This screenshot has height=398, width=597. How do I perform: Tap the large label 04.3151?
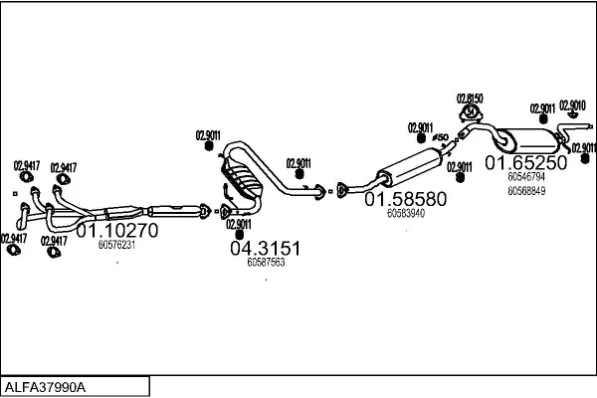click(265, 247)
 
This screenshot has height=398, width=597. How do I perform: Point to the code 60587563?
click(265, 263)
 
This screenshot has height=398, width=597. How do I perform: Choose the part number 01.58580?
click(405, 198)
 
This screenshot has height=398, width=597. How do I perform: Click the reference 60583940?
click(406, 213)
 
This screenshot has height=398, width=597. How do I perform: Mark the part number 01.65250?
click(525, 162)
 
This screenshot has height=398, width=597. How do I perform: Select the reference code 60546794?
click(525, 177)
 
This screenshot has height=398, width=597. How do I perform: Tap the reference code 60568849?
click(525, 190)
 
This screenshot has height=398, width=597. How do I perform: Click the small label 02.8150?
click(470, 99)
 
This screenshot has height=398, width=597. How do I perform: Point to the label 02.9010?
click(573, 104)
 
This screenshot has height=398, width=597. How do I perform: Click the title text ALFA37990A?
click(47, 386)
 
